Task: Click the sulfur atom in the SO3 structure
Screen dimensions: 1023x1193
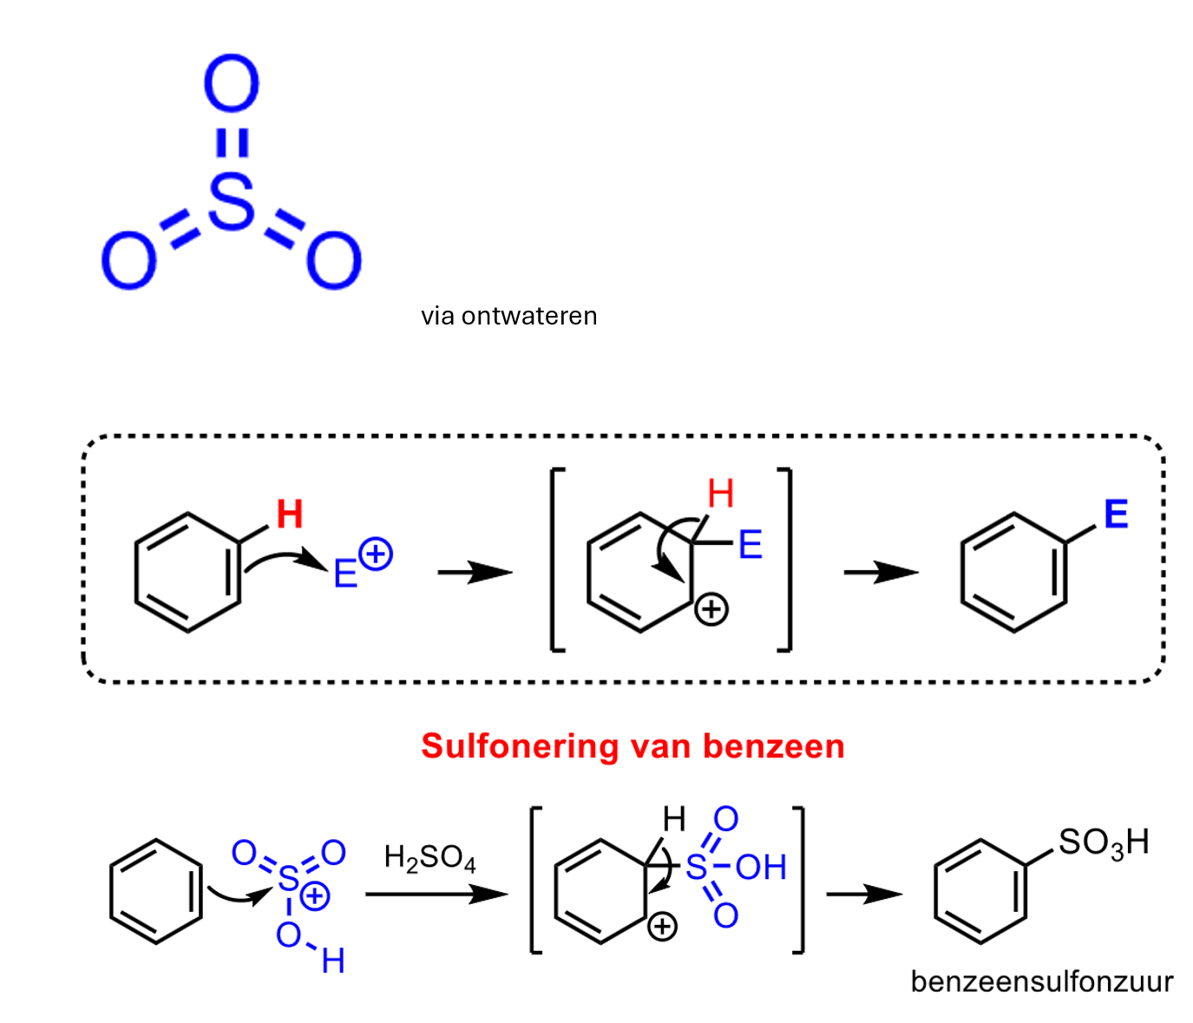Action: tap(232, 200)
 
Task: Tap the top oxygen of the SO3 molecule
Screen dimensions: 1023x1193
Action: tap(232, 84)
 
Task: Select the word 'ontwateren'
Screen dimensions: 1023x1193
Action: tap(529, 316)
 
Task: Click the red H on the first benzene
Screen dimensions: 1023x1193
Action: tap(290, 515)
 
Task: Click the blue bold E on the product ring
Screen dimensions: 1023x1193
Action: tap(1117, 515)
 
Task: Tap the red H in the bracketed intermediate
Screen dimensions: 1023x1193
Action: tap(720, 494)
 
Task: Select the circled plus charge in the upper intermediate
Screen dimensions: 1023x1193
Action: tap(711, 609)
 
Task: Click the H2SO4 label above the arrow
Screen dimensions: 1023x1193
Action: tap(429, 858)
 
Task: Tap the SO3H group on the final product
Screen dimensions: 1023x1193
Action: tap(1103, 843)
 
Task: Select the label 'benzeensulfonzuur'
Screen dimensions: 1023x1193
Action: tap(1041, 981)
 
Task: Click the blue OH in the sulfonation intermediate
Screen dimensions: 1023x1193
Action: tap(761, 867)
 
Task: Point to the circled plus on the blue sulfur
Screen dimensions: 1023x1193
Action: tap(315, 895)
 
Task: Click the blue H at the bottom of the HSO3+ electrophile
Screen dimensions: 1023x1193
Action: tap(333, 961)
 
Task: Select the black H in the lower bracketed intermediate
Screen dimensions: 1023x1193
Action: tap(674, 819)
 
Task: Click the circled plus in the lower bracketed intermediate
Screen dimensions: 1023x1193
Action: tap(662, 927)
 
